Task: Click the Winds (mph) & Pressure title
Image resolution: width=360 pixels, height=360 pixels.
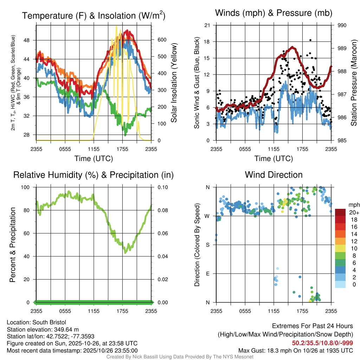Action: pyautogui.click(x=274, y=13)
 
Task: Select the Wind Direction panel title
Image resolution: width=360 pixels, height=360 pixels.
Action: pyautogui.click(x=274, y=175)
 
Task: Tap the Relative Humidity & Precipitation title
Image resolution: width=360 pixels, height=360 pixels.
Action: pyautogui.click(x=94, y=175)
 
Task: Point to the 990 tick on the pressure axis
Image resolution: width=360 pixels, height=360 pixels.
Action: pyautogui.click(x=342, y=25)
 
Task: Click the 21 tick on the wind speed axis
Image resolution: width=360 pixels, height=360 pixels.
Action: pyautogui.click(x=207, y=25)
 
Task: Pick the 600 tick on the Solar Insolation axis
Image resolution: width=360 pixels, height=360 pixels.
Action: pyautogui.click(x=162, y=40)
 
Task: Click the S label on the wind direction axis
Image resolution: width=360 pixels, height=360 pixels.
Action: pyautogui.click(x=208, y=245)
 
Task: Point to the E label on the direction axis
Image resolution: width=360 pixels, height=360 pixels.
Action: pyautogui.click(x=208, y=274)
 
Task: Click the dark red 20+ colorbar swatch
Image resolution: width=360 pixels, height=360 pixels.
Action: pyautogui.click(x=340, y=212)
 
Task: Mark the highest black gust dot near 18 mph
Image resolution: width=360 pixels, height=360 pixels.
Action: pyautogui.click(x=310, y=40)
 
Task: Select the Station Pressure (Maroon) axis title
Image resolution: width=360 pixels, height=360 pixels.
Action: pyautogui.click(x=354, y=83)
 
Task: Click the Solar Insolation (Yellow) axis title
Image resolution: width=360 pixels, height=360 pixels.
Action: pyautogui.click(x=174, y=83)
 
